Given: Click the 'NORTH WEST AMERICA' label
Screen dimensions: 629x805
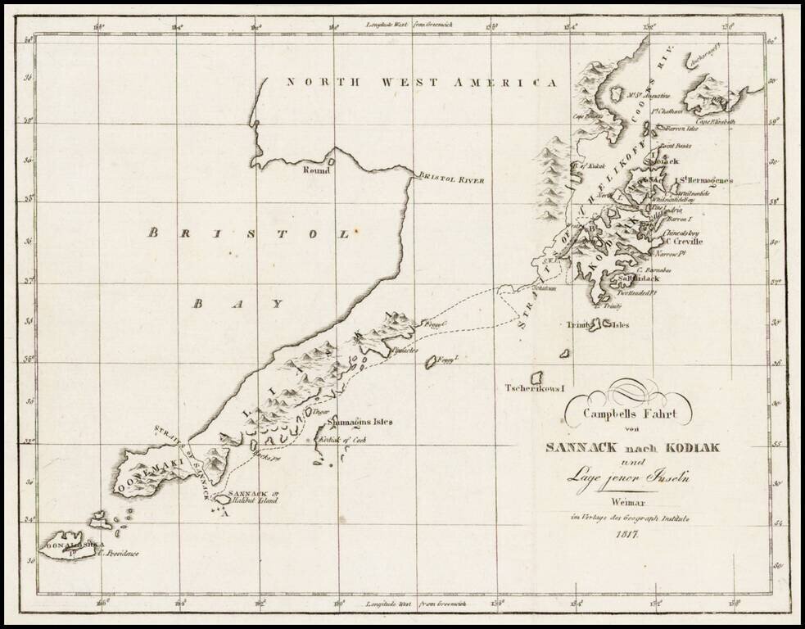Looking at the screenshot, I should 422,83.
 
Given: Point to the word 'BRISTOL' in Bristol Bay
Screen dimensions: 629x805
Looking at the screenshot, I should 250,233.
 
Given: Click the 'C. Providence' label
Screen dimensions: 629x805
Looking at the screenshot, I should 118,554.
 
